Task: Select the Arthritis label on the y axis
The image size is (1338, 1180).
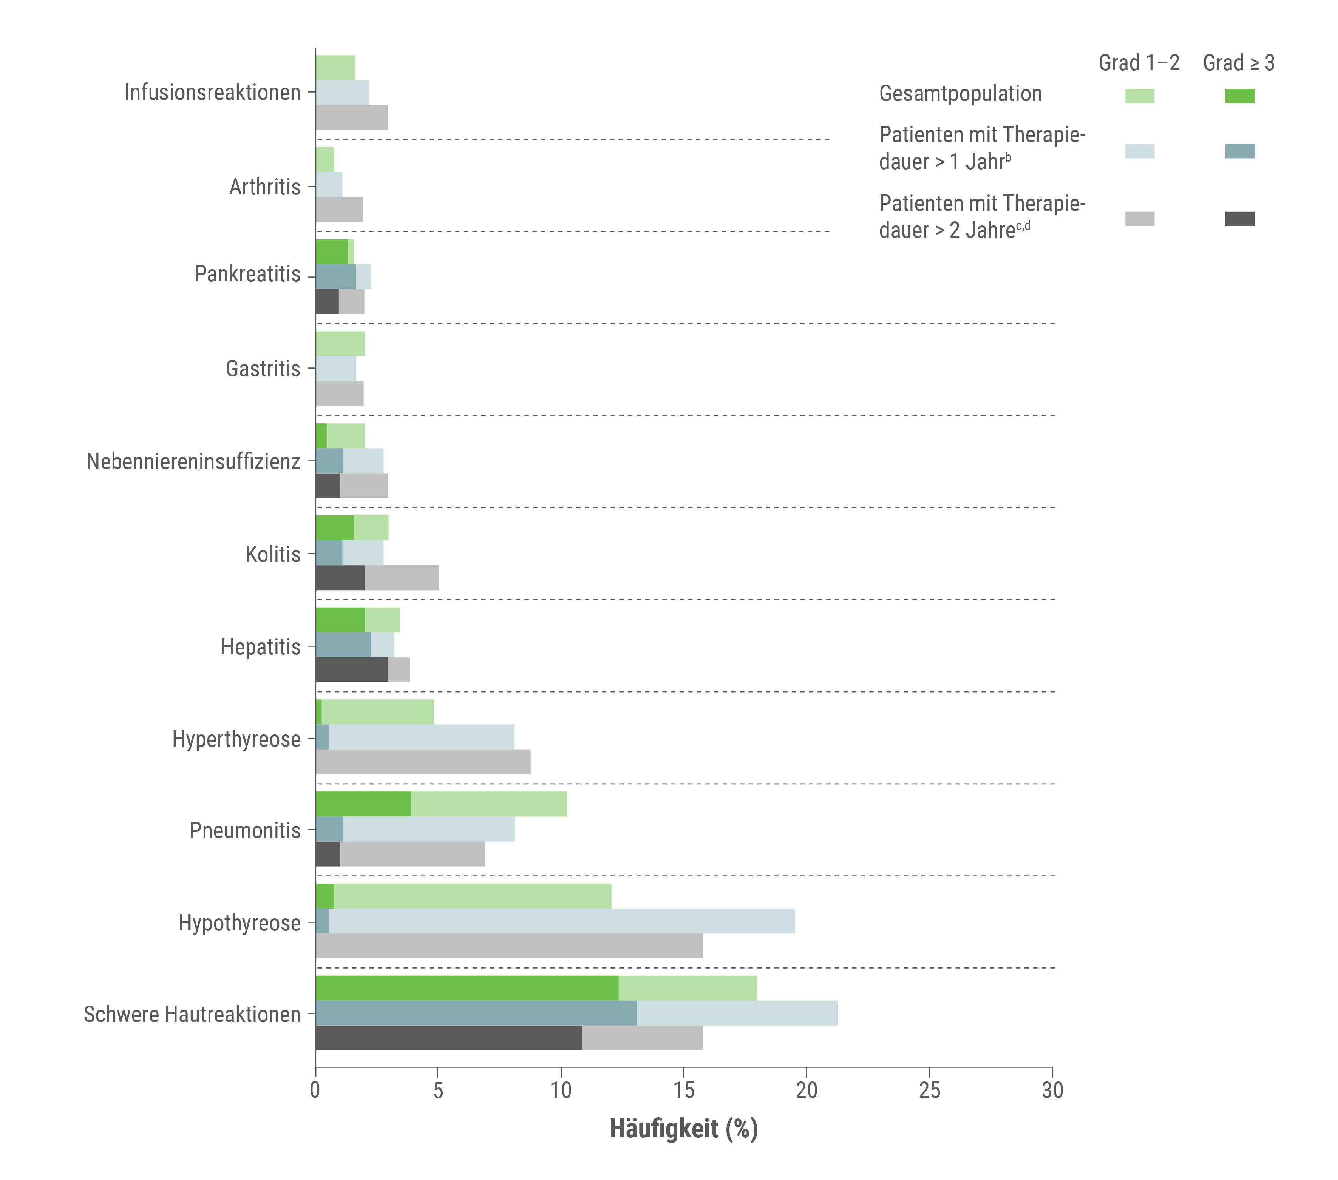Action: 265,187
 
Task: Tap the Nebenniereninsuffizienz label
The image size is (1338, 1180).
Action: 194,461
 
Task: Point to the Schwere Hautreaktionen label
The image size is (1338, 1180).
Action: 192,1014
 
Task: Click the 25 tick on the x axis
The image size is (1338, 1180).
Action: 930,1090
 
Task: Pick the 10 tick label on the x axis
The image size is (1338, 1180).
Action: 561,1090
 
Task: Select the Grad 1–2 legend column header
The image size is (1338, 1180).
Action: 1139,63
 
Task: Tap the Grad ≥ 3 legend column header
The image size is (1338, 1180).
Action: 1239,63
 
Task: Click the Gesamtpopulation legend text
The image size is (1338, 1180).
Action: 960,94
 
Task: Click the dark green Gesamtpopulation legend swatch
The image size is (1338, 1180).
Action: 1240,96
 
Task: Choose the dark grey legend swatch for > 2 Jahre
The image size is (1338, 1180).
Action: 1240,219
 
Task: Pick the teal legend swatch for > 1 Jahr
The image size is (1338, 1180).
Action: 1240,151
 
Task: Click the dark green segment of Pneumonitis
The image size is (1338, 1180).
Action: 364,804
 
